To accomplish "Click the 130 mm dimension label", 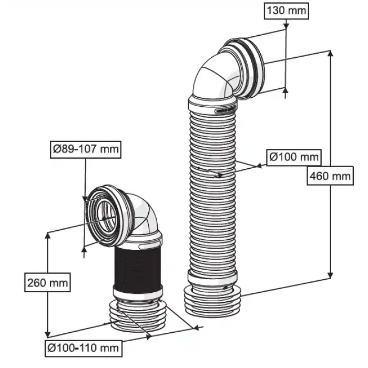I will click(285, 10).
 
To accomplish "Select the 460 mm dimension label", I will click(329, 176).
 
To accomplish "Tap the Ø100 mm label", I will click(293, 157).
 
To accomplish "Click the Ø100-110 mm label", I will click(82, 347).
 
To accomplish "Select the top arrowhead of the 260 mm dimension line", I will click(48, 237).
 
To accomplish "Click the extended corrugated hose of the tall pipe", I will click(212, 189).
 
